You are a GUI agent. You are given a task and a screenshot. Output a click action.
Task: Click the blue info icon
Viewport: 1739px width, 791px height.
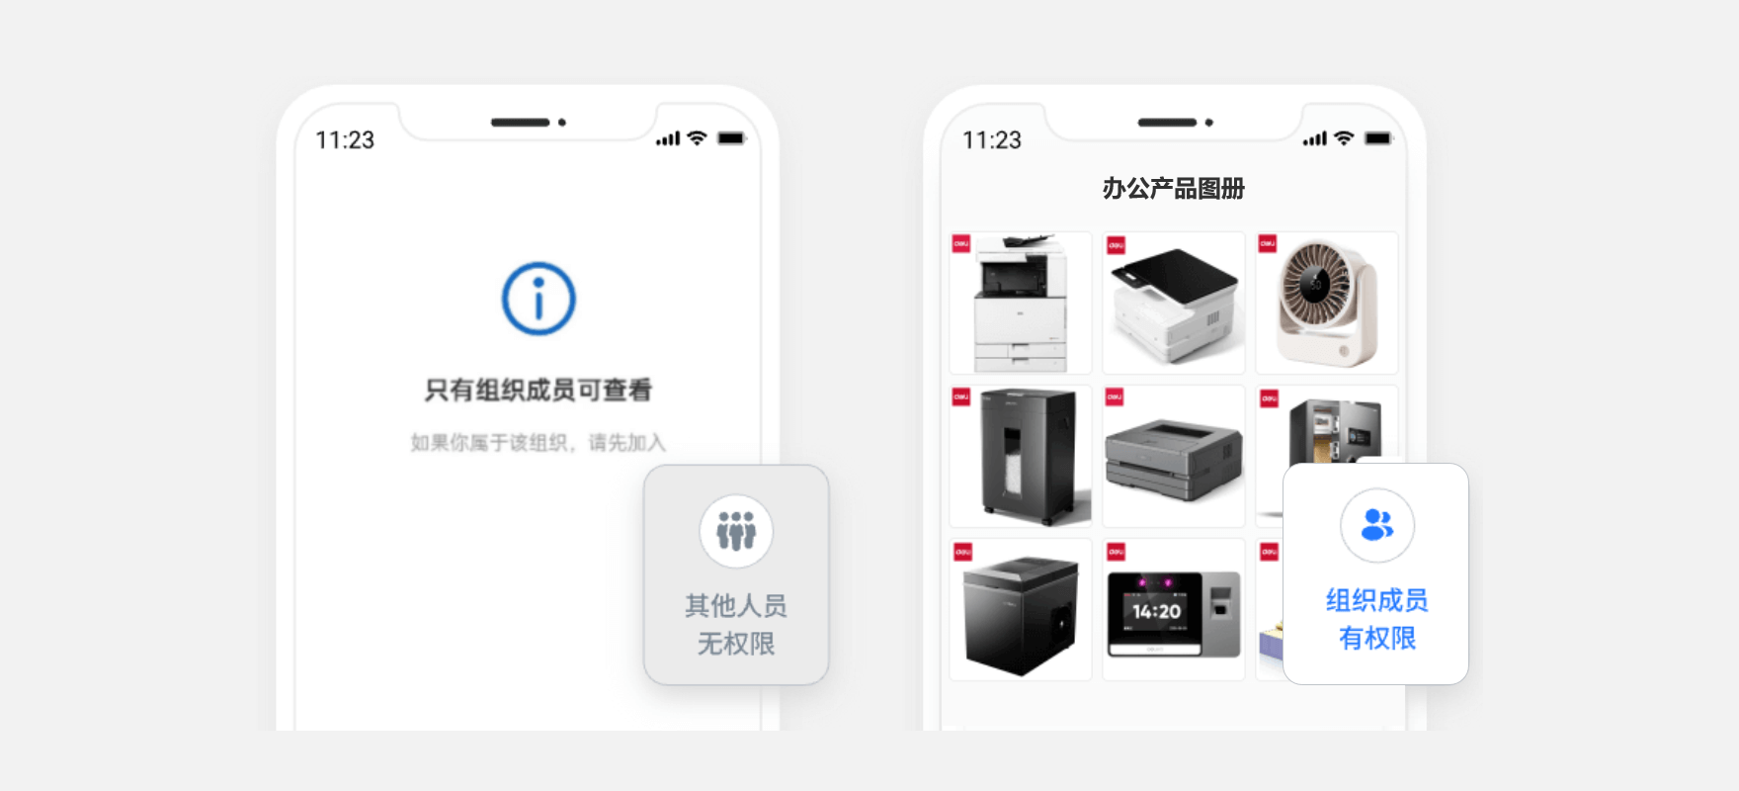pos(538,299)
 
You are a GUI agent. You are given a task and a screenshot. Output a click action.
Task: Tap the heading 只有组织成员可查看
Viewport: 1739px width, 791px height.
pos(538,391)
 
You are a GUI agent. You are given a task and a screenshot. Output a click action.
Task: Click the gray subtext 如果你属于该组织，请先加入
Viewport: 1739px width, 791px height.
pos(538,442)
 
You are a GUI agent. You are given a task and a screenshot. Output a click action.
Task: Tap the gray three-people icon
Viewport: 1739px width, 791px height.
pos(736,532)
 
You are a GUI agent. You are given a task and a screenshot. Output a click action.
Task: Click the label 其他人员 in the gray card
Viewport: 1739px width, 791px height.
pos(736,605)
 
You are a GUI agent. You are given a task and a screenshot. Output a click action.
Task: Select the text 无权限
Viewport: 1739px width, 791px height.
pos(736,644)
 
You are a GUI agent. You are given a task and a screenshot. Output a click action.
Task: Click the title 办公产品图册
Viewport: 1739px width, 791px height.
pos(1173,188)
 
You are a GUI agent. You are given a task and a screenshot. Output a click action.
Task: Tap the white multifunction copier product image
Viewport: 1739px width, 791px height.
pos(1021,303)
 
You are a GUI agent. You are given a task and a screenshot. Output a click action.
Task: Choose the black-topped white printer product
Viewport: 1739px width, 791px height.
pos(1174,303)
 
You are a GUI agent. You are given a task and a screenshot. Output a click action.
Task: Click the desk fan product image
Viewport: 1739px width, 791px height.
pos(1326,303)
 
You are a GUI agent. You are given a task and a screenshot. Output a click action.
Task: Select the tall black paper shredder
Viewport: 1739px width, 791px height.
pos(1021,456)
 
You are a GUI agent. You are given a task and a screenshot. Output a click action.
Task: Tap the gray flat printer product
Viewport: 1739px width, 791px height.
pos(1174,456)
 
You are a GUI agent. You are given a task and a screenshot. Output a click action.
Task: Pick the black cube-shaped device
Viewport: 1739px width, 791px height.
pos(1021,609)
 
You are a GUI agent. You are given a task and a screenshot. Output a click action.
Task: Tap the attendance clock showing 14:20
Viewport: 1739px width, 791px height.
pos(1174,609)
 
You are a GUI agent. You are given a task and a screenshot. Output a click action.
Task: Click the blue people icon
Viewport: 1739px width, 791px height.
pos(1376,525)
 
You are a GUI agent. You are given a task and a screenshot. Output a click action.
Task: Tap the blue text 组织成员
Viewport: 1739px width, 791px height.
pos(1376,600)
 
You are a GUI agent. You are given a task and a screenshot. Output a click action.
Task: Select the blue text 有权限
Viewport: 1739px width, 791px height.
pos(1376,638)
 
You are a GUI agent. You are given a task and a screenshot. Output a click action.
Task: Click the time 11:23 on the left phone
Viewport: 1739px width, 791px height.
pos(345,140)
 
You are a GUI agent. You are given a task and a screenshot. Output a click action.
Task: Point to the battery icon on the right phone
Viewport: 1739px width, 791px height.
pos(1377,138)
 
